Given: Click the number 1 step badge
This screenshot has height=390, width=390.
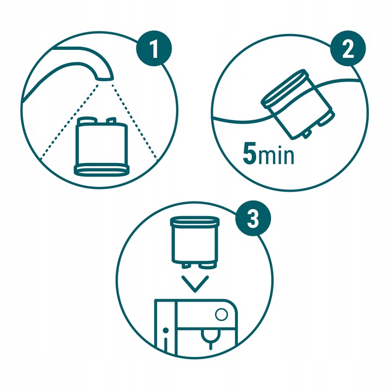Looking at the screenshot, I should (x=154, y=51).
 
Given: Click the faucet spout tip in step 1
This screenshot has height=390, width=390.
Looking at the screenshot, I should (x=106, y=76).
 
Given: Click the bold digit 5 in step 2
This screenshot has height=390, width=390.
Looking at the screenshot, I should (x=250, y=154).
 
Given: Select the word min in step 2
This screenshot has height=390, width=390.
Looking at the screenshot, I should (x=276, y=156).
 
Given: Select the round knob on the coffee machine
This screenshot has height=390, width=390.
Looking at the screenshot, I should (x=221, y=315).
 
